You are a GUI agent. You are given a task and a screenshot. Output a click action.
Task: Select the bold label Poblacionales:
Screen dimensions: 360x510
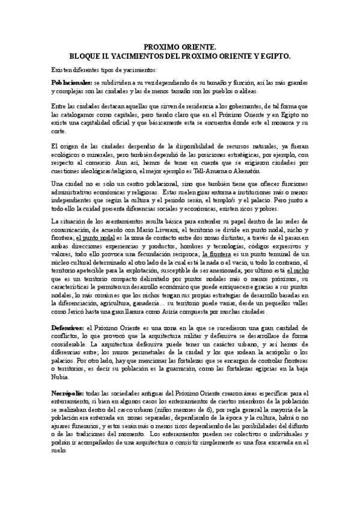coord(72,82)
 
